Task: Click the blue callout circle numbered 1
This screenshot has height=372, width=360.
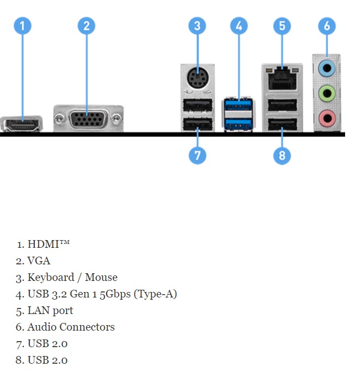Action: (x=22, y=26)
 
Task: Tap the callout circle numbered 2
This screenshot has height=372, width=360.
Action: (x=86, y=26)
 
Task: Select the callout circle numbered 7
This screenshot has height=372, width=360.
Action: (x=197, y=155)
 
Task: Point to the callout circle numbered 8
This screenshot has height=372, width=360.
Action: (x=282, y=155)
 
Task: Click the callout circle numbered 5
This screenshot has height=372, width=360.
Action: (x=282, y=26)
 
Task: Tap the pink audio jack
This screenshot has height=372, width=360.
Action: (x=327, y=116)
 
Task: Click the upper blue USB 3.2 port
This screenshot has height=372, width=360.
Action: (x=239, y=107)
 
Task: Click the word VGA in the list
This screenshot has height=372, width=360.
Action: (x=39, y=261)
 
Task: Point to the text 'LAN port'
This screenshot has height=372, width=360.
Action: (x=50, y=310)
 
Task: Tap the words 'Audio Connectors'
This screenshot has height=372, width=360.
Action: (x=71, y=327)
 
